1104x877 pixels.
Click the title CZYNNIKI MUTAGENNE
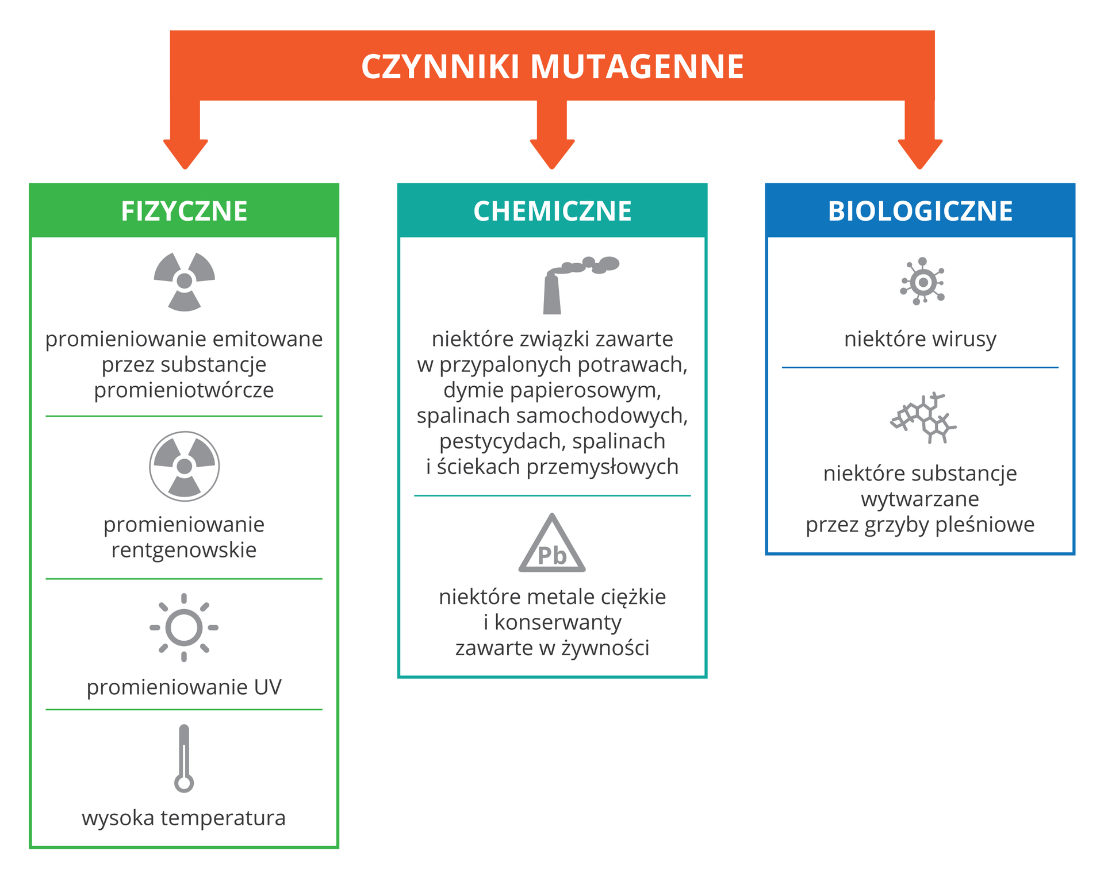tap(552, 67)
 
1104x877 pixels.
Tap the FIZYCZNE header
tap(184, 211)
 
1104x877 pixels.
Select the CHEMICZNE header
tap(552, 211)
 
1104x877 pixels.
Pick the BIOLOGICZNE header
tap(920, 211)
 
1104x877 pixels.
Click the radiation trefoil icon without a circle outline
tap(184, 282)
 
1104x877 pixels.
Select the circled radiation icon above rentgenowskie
tap(184, 466)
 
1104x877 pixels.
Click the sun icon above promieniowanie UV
tap(184, 628)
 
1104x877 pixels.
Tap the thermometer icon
tap(184, 759)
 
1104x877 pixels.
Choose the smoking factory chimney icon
tap(575, 284)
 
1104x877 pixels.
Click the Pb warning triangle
tap(552, 546)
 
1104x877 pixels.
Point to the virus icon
tap(922, 282)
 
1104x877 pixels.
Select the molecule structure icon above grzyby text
tap(923, 418)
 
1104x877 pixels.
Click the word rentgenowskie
tap(184, 550)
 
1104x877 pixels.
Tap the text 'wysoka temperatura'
tap(184, 818)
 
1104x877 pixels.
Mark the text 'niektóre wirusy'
tap(920, 339)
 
